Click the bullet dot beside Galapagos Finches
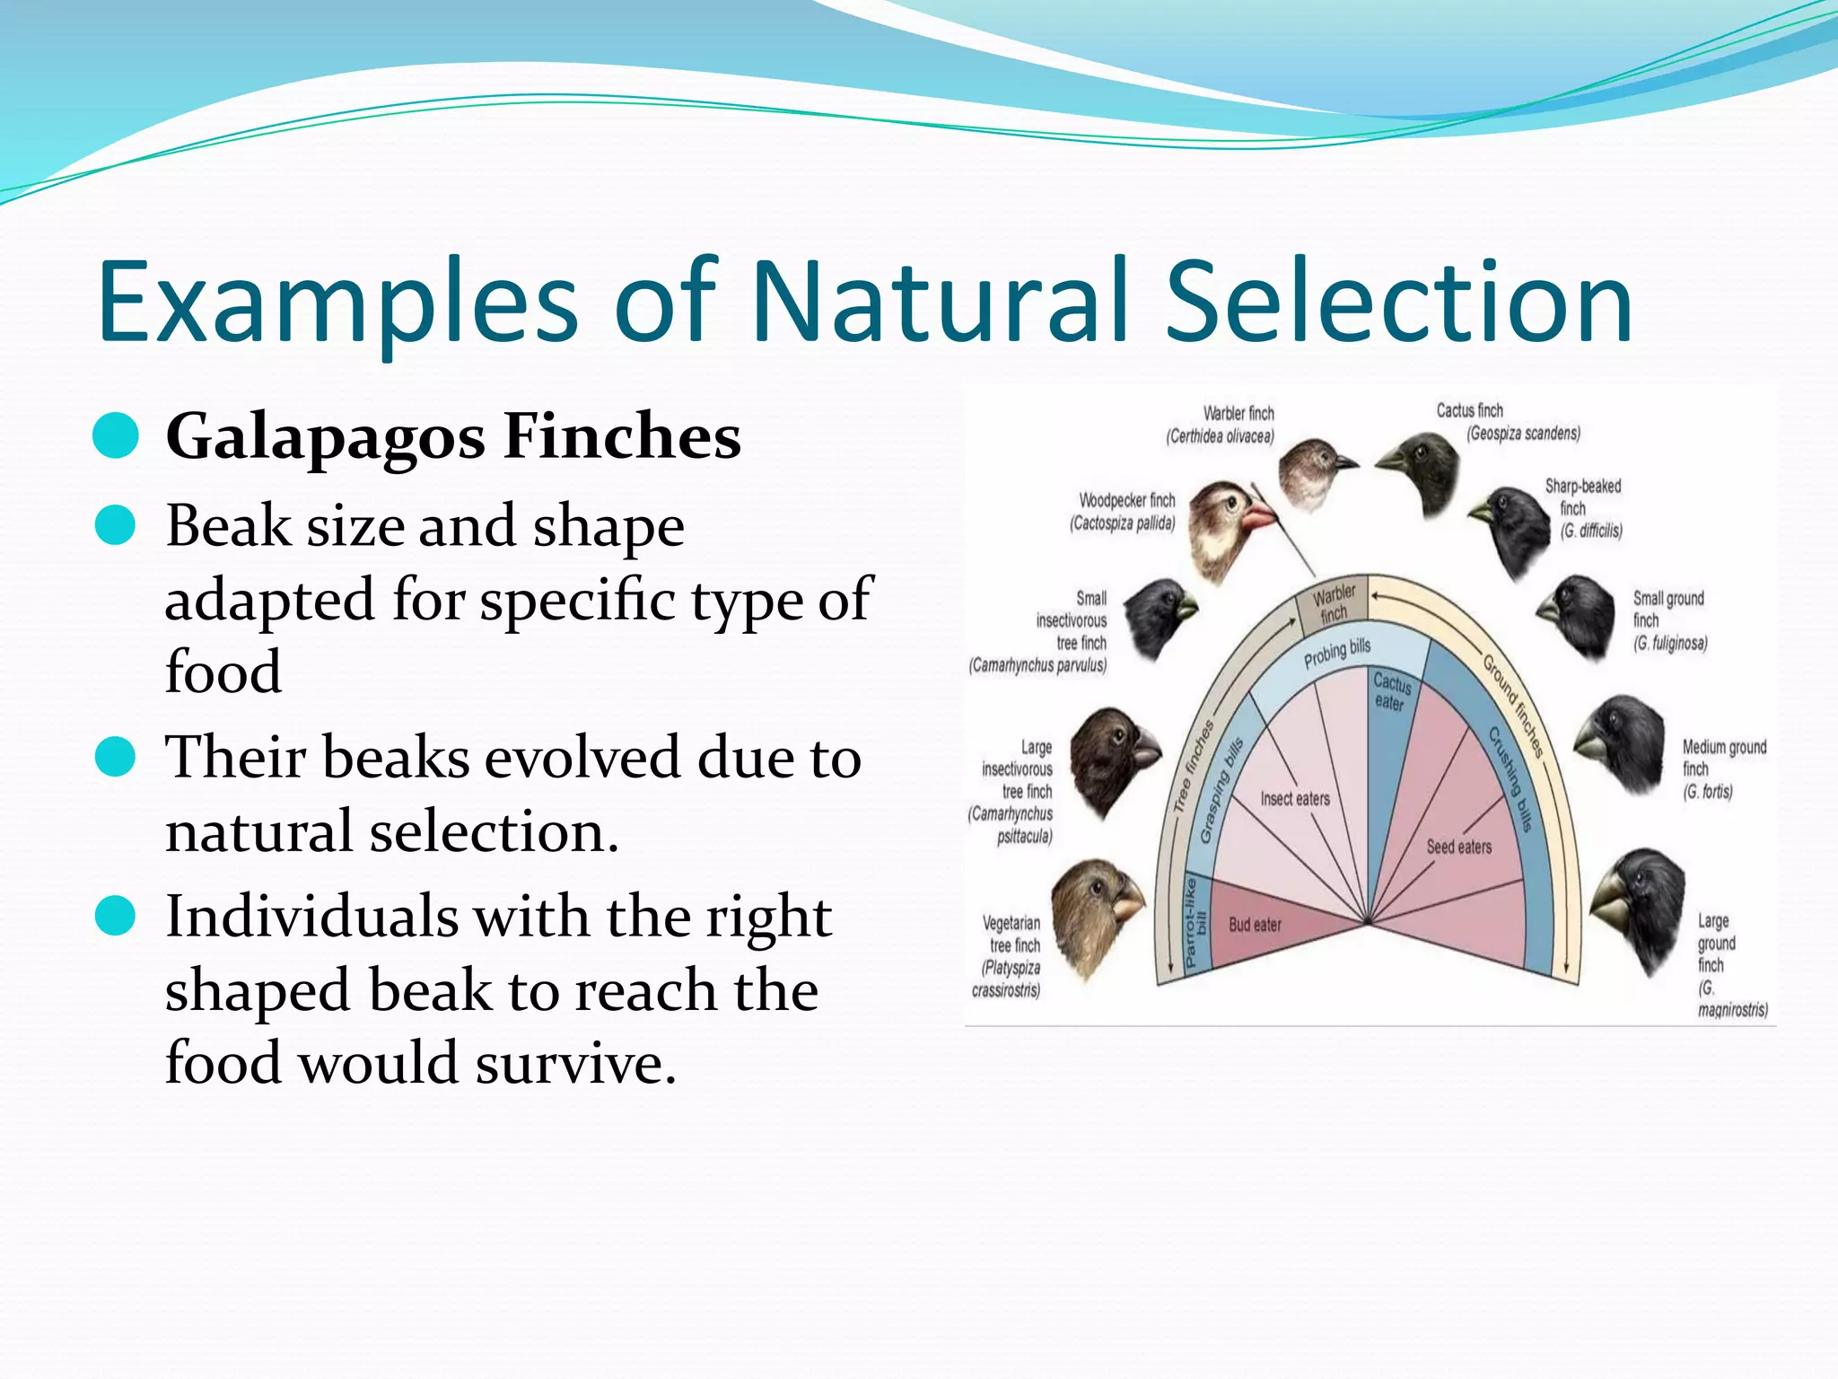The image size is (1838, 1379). click(116, 436)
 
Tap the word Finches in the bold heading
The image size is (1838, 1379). click(622, 436)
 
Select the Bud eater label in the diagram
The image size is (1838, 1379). click(1255, 925)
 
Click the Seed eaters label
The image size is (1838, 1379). click(1459, 847)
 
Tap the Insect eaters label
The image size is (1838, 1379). click(1295, 799)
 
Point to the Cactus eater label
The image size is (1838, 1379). click(1391, 692)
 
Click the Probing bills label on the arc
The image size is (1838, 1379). click(1337, 654)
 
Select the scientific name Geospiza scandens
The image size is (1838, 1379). click(1523, 434)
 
